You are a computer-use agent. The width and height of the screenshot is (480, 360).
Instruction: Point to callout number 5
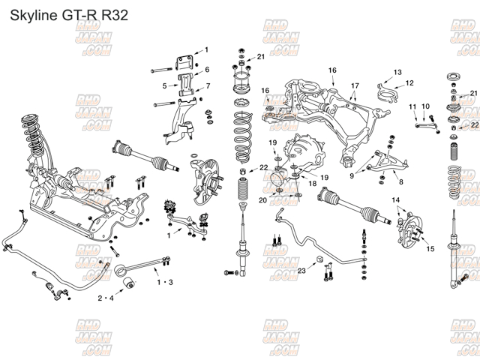point(164,85)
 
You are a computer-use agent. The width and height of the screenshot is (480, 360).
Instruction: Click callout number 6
point(206,69)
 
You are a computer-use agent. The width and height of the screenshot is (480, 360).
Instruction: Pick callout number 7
point(208,85)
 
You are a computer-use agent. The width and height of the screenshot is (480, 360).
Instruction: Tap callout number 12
point(409,82)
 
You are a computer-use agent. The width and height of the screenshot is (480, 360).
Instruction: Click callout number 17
point(355,85)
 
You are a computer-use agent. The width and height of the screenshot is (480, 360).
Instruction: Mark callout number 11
point(412,107)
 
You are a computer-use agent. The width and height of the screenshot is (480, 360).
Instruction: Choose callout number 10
point(425,107)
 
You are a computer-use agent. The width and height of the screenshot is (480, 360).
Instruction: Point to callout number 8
point(400,181)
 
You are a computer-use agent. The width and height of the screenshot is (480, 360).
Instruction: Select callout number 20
point(263,200)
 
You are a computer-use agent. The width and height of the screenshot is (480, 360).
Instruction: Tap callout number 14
point(396,199)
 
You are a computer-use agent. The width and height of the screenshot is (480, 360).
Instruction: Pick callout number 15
point(430,248)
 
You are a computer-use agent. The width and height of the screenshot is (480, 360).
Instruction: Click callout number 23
point(301,270)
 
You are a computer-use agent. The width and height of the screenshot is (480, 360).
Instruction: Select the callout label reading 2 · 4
point(106,298)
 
